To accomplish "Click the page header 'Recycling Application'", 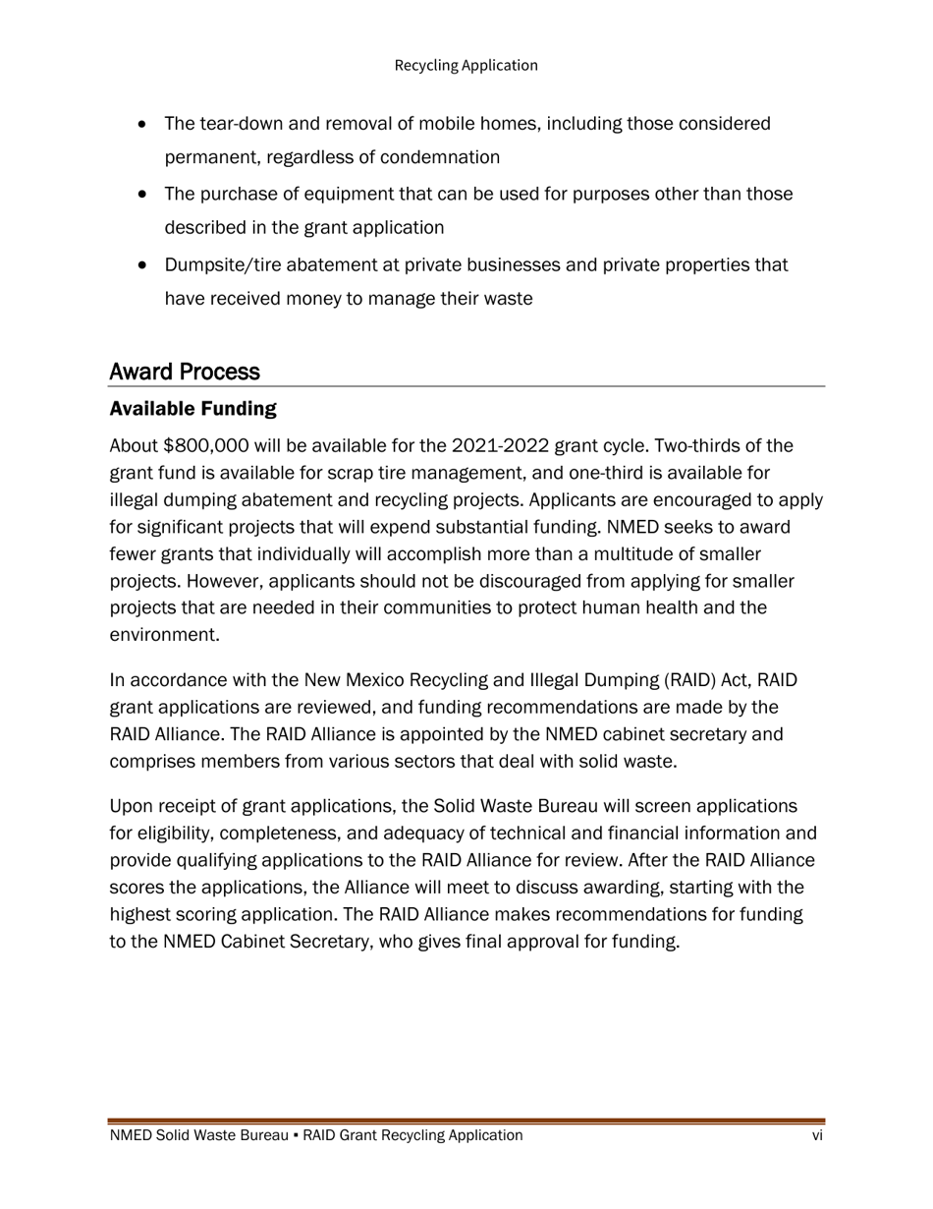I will [466, 65].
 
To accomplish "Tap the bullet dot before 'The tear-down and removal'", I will [144, 125].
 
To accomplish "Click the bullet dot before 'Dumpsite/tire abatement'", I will [144, 265].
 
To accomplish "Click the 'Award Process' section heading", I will [185, 372].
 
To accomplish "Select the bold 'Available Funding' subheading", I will [192, 408].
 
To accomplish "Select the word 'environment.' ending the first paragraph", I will [164, 635].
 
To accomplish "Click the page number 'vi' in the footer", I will [817, 1135].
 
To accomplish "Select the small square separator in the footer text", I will [296, 1136].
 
